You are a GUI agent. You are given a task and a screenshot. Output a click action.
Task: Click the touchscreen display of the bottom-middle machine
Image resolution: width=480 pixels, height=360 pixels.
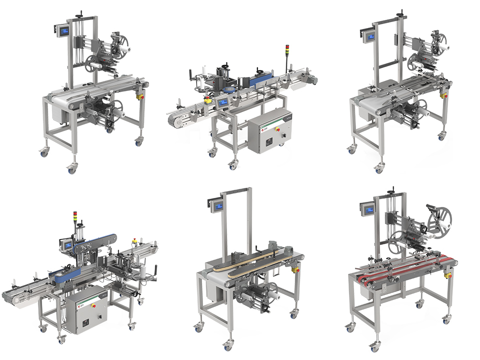(x=216, y=205)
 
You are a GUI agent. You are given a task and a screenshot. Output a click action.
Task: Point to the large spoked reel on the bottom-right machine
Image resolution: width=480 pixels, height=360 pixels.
(x=438, y=219)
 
